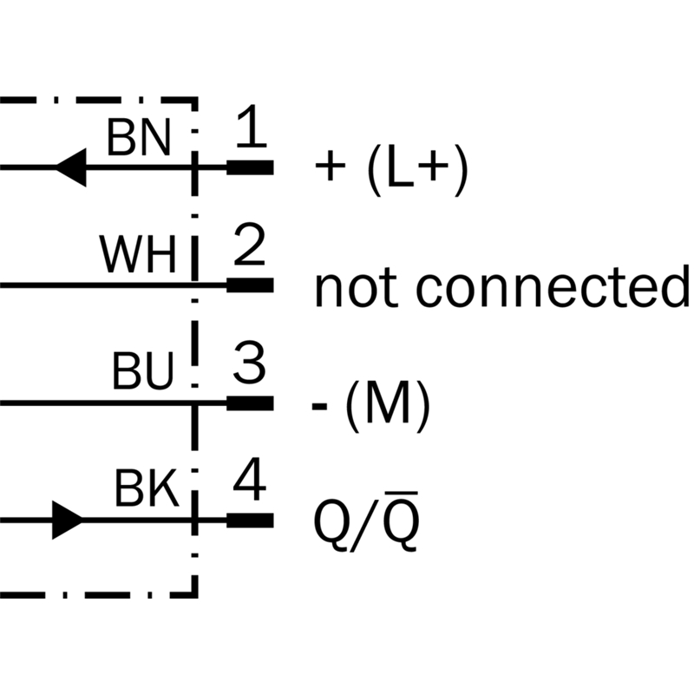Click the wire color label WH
(x=139, y=255)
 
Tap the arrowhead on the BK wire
(x=68, y=520)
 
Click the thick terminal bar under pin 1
(x=250, y=167)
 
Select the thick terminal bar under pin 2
(x=250, y=285)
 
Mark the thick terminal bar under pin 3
(x=250, y=403)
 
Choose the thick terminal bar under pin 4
(x=250, y=520)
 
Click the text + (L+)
(x=392, y=170)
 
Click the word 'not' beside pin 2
(x=351, y=288)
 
